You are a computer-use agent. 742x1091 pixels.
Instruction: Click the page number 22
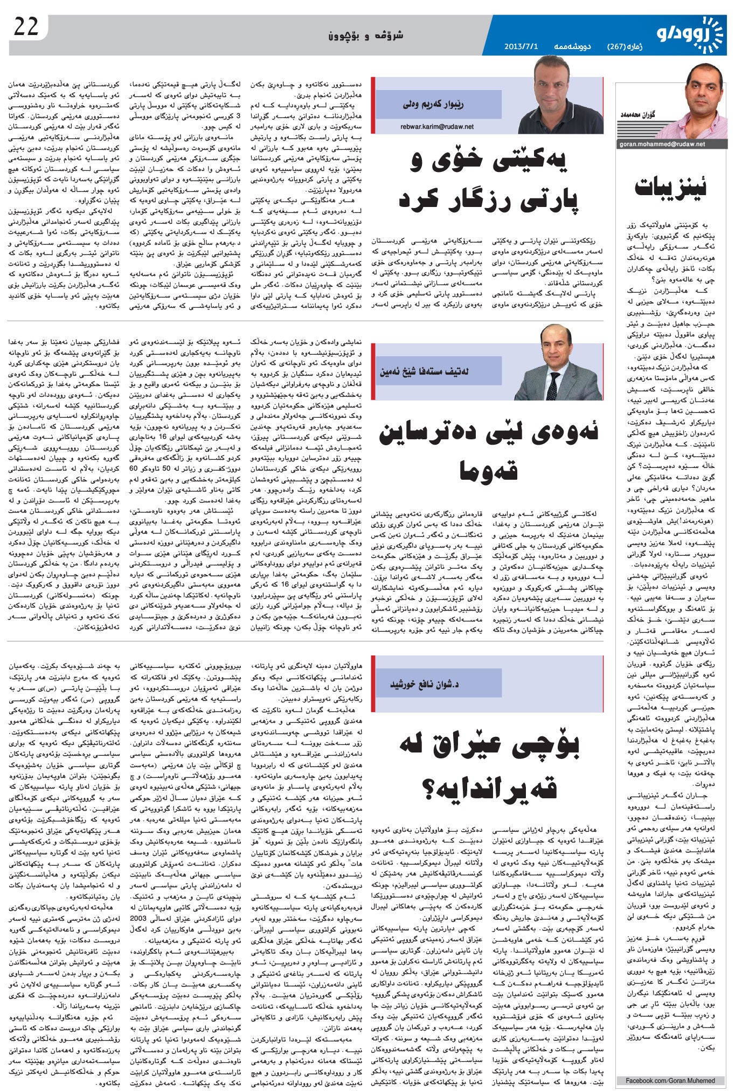tap(26, 27)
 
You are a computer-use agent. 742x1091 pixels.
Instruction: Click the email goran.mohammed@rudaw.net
tap(663, 144)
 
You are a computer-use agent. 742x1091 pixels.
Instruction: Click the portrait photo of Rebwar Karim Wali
tap(559, 99)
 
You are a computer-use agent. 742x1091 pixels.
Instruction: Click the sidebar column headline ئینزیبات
tap(670, 187)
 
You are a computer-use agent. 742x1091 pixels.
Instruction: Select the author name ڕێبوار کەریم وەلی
tap(433, 105)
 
